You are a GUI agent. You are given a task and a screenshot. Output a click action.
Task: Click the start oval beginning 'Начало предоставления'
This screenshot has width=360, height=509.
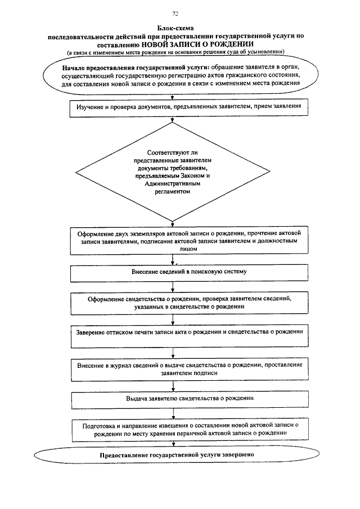click(x=177, y=74)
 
